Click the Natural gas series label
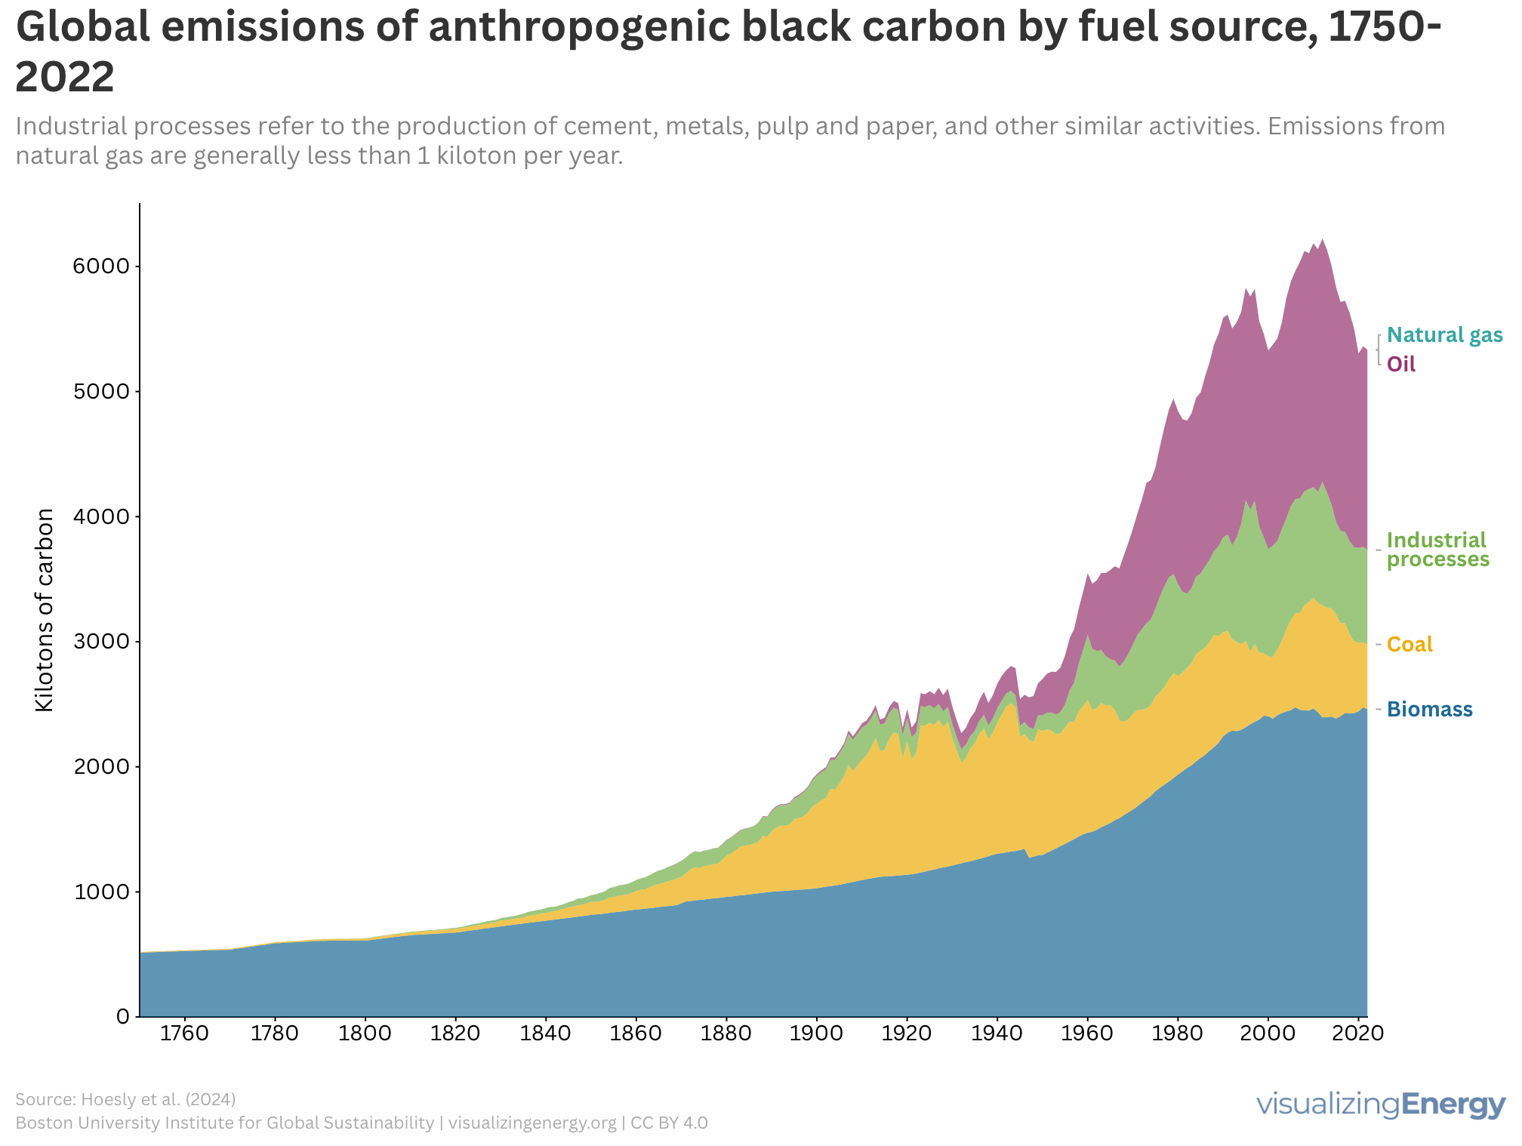(1444, 335)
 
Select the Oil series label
(1401, 365)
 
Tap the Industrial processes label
(1437, 550)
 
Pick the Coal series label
(1410, 645)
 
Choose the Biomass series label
(1429, 710)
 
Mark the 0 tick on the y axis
(122, 1017)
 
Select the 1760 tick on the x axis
(185, 1033)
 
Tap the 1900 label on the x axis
(816, 1033)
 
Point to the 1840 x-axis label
(545, 1033)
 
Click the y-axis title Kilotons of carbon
(45, 610)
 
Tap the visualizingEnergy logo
(1381, 1104)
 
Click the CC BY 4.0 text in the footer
(669, 1123)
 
